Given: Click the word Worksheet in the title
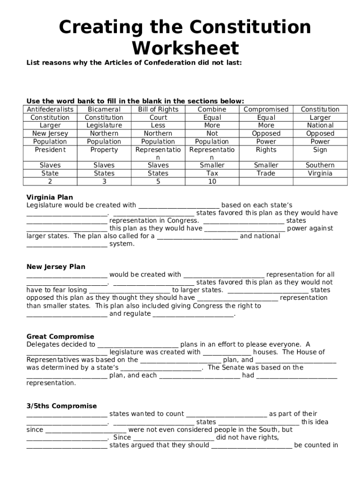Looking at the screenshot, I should click(185, 48).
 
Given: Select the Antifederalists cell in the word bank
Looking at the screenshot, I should click(50, 109).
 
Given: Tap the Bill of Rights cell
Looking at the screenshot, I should click(158, 109).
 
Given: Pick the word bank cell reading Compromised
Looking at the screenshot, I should click(266, 109).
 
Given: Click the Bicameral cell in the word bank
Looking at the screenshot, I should click(104, 109).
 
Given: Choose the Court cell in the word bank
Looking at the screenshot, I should click(158, 117).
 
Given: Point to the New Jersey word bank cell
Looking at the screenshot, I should click(50, 133).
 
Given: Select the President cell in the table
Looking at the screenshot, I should click(50, 150).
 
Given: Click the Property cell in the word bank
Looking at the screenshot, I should click(104, 150).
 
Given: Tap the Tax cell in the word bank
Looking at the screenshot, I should click(212, 173).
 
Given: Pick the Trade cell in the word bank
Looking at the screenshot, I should click(266, 173).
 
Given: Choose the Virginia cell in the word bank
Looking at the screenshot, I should click(320, 173).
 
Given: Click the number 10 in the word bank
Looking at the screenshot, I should click(212, 181).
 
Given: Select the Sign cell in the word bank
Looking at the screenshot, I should click(320, 150).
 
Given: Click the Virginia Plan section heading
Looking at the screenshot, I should click(50, 197).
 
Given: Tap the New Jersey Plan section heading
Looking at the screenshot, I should click(56, 267).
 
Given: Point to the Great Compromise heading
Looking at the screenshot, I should click(60, 336).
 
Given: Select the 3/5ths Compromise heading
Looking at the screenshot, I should click(61, 406).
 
